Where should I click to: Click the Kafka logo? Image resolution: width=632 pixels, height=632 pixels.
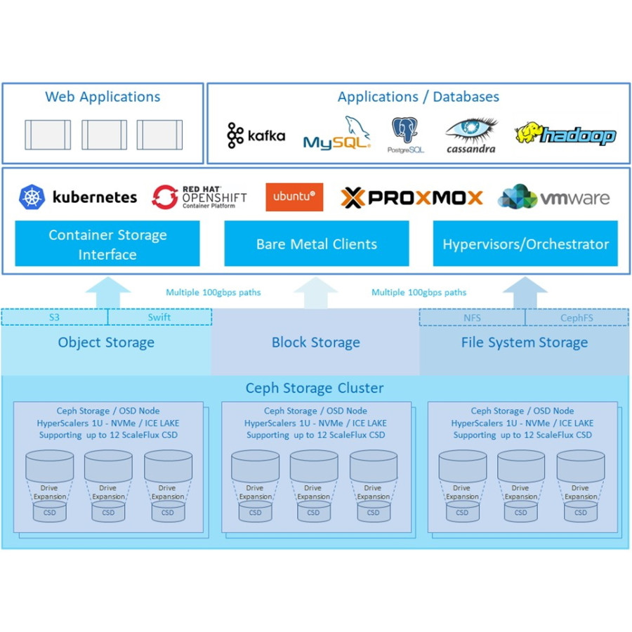[256, 136]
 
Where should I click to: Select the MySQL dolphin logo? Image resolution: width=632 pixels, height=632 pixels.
[336, 134]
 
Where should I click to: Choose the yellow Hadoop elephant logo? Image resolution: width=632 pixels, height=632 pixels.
[565, 134]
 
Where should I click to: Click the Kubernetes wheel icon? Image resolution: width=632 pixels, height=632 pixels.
[32, 197]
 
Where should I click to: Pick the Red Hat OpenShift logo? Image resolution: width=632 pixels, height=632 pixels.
[199, 197]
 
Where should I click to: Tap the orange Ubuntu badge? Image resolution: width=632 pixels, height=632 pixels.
[294, 197]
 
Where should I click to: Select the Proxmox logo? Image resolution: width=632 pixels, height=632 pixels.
[412, 198]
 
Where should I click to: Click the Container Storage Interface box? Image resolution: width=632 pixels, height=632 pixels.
[107, 244]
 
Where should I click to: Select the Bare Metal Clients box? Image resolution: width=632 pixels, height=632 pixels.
[316, 244]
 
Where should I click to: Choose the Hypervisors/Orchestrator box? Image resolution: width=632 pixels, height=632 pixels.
[525, 244]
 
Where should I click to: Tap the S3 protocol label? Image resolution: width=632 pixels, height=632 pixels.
[54, 317]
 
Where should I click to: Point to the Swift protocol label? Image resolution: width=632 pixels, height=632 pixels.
[159, 317]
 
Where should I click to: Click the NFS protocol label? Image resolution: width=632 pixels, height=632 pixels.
[472, 317]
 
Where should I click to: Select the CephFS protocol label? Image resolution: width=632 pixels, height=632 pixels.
[577, 317]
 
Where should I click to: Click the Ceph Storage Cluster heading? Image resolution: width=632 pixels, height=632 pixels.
[315, 388]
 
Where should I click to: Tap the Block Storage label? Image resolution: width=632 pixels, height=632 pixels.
[316, 343]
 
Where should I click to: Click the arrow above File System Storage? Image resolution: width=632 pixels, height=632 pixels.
[525, 292]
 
